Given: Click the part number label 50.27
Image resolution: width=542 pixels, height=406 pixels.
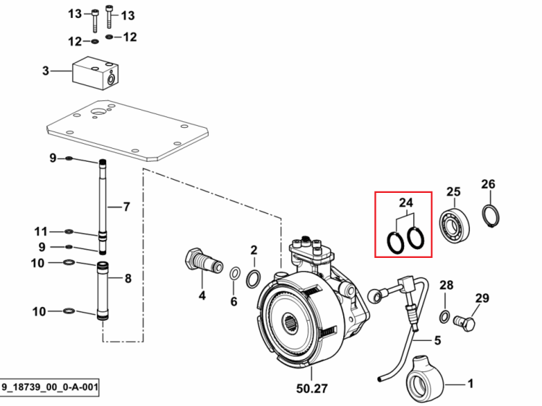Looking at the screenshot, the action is tap(311, 389).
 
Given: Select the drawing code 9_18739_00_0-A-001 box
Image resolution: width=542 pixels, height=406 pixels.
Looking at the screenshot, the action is tap(49, 386).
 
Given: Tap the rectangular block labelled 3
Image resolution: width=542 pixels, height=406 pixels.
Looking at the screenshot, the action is tap(95, 73).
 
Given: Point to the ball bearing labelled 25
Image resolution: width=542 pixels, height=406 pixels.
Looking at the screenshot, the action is tap(455, 225).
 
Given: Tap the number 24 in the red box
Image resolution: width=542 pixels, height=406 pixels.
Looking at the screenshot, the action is tap(406, 202).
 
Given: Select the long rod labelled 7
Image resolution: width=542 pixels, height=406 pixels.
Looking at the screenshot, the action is tap(103, 207).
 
